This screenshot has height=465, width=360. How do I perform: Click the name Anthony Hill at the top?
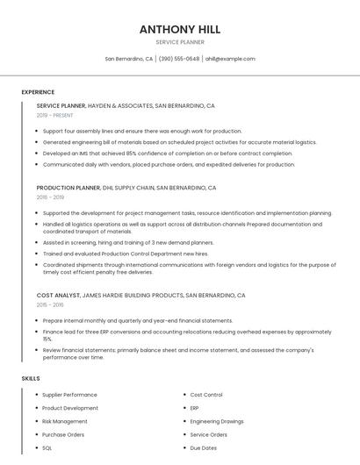point(179,29)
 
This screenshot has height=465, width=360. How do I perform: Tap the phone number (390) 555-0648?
point(179,59)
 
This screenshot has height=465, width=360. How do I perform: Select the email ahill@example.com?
point(230,59)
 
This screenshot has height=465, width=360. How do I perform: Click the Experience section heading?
point(38,92)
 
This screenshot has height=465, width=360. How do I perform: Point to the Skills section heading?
point(30,378)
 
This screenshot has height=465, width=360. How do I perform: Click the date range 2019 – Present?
point(54,115)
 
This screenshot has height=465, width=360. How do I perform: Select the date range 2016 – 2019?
point(50,197)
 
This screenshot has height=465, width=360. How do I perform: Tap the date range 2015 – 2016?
point(50,305)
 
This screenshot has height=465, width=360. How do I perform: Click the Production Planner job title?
point(68,188)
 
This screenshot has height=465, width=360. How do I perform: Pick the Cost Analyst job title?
point(58,296)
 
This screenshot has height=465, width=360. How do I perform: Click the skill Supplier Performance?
point(69,395)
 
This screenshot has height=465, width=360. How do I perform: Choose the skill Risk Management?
point(65,421)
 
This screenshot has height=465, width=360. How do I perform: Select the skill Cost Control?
point(206,395)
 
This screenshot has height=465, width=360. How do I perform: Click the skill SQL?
point(47,447)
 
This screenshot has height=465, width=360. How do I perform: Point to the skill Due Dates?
point(203,447)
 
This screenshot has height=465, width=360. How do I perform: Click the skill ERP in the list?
point(195,408)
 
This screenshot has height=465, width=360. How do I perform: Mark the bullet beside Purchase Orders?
point(36,434)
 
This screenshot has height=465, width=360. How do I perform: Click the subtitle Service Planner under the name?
point(179,42)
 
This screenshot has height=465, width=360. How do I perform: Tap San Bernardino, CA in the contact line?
point(129,59)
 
